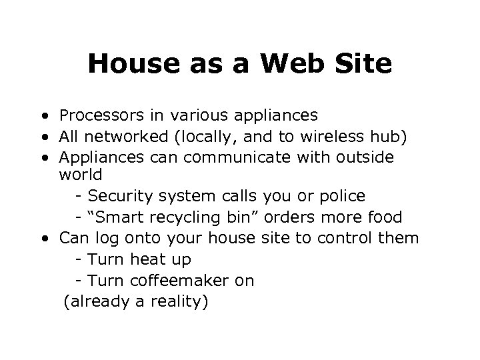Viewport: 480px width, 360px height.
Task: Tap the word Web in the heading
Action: pyautogui.click(x=291, y=64)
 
